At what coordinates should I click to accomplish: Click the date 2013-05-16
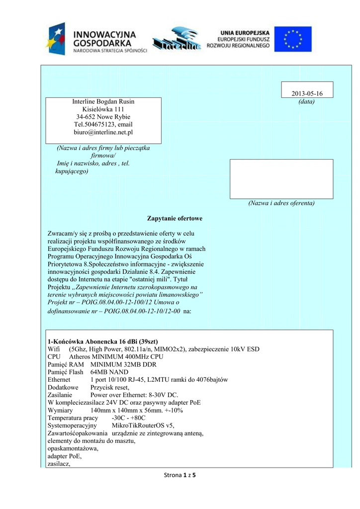click(307, 94)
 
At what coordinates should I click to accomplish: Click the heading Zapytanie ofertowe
click(175, 219)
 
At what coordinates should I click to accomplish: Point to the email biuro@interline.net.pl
click(103, 132)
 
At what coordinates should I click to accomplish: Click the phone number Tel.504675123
click(92, 124)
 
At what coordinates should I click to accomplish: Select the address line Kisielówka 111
click(103, 109)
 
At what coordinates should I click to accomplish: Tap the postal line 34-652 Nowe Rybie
click(103, 117)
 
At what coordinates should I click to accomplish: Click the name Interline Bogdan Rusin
click(103, 101)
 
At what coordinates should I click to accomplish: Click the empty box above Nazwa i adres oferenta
click(281, 179)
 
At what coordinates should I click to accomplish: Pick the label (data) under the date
click(307, 102)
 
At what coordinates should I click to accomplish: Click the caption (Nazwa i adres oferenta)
click(281, 203)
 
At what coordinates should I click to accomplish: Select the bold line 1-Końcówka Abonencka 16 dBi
click(102, 341)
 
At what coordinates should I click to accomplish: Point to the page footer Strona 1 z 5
click(180, 476)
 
